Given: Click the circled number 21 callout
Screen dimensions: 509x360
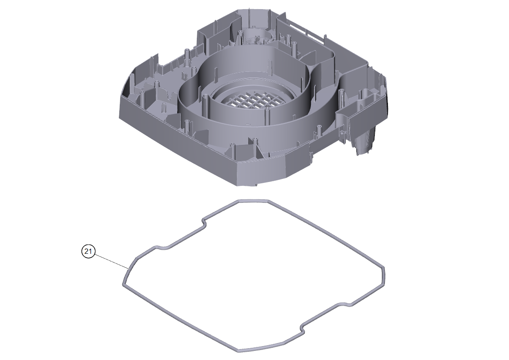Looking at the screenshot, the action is click(x=88, y=252).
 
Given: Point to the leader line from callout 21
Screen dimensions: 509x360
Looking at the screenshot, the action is click(x=111, y=261).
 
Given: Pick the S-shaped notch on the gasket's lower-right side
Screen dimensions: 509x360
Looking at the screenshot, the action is click(x=303, y=327).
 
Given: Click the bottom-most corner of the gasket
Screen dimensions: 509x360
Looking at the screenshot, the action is click(x=239, y=350).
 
